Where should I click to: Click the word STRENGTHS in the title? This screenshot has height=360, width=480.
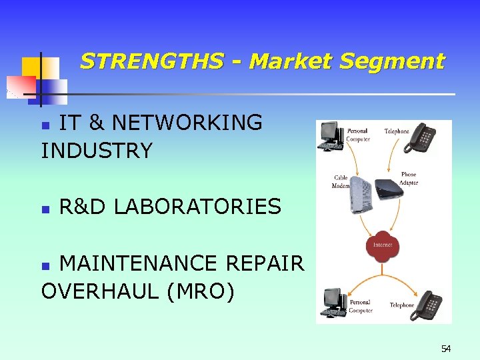(x=151, y=62)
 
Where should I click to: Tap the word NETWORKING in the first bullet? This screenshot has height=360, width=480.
(x=187, y=123)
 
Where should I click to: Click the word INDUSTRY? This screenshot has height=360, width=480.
(x=97, y=151)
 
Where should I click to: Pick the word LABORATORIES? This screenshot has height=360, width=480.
(x=197, y=207)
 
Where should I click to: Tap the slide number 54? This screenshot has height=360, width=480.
(x=446, y=349)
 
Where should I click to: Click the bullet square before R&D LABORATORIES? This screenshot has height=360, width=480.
(x=45, y=209)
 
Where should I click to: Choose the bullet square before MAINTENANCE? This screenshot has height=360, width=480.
(x=45, y=265)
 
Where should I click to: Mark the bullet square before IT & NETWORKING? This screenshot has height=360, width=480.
(x=45, y=125)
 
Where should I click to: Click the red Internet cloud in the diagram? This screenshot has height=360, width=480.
(x=383, y=245)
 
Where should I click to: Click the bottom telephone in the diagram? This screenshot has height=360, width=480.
(x=427, y=305)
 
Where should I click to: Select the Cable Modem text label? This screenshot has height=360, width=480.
(x=341, y=182)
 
